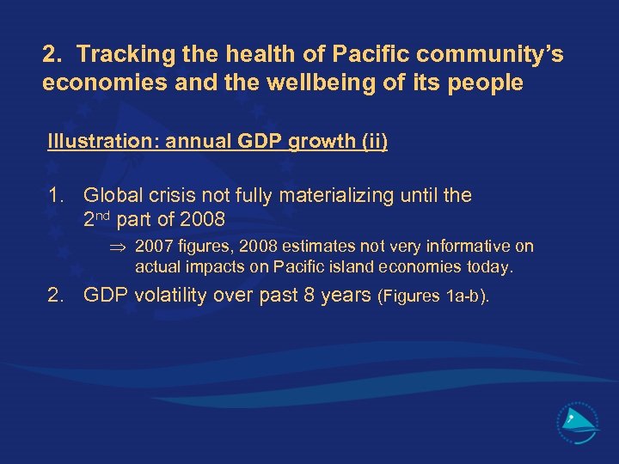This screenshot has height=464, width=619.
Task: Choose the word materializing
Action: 334,195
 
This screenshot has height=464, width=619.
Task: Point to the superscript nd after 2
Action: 105,215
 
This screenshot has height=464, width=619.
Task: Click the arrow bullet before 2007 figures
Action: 119,247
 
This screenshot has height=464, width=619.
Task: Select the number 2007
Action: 155,247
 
